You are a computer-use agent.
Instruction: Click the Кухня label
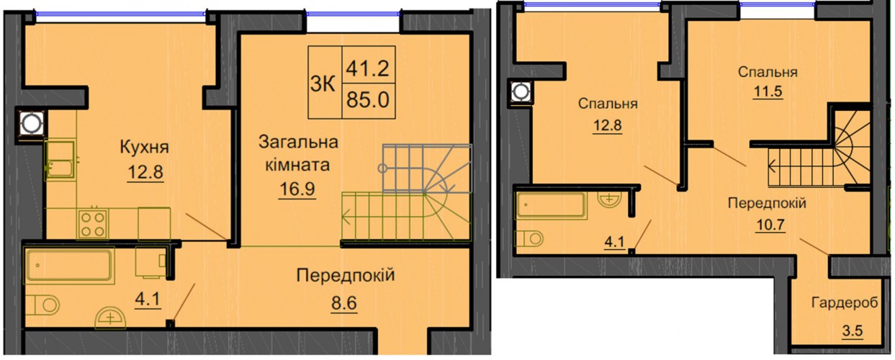pyautogui.click(x=144, y=148)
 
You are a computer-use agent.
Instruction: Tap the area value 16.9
pyautogui.click(x=297, y=189)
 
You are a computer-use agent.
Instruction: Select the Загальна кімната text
pyautogui.click(x=298, y=153)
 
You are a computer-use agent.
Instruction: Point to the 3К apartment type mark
pyautogui.click(x=323, y=84)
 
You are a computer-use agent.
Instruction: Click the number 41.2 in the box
pyautogui.click(x=368, y=68)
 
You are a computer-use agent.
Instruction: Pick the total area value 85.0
pyautogui.click(x=368, y=100)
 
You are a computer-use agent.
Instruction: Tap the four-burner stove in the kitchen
pyautogui.click(x=93, y=224)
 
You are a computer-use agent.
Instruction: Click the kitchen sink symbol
pyautogui.click(x=60, y=160)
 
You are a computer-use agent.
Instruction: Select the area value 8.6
pyautogui.click(x=343, y=303)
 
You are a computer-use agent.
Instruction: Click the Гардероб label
pyautogui.click(x=844, y=303)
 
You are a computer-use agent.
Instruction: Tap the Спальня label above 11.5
pyautogui.click(x=768, y=72)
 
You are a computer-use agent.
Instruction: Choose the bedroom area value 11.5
pyautogui.click(x=768, y=92)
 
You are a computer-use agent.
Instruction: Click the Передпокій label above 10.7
pyautogui.click(x=767, y=203)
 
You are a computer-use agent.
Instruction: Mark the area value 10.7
pyautogui.click(x=770, y=225)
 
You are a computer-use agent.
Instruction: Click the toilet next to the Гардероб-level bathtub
pyautogui.click(x=529, y=238)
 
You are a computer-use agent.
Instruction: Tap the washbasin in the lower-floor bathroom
pyautogui.click(x=110, y=318)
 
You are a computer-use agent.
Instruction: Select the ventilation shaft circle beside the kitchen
pyautogui.click(x=32, y=123)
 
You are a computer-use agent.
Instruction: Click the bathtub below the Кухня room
pyautogui.click(x=68, y=265)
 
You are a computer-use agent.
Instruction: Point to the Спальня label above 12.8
pyautogui.click(x=607, y=104)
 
